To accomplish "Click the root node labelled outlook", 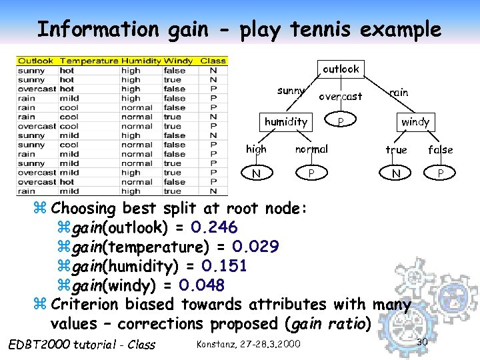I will point(341,69).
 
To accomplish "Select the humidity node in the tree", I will point(285,121).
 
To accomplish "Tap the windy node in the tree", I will point(415,122).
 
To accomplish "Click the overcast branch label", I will point(340,96).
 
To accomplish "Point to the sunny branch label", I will point(291,91).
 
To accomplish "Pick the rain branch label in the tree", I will point(399,92).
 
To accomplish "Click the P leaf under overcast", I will point(340,122).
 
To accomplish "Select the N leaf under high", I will point(256,174).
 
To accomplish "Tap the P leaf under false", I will point(440,174).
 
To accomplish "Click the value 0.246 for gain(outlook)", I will point(213,228).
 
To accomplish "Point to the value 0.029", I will point(255,247).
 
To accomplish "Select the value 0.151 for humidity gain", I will point(224,266).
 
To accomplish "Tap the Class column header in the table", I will point(213,61).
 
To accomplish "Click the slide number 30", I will point(421,342).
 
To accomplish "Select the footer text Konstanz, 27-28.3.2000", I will point(248,343).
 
